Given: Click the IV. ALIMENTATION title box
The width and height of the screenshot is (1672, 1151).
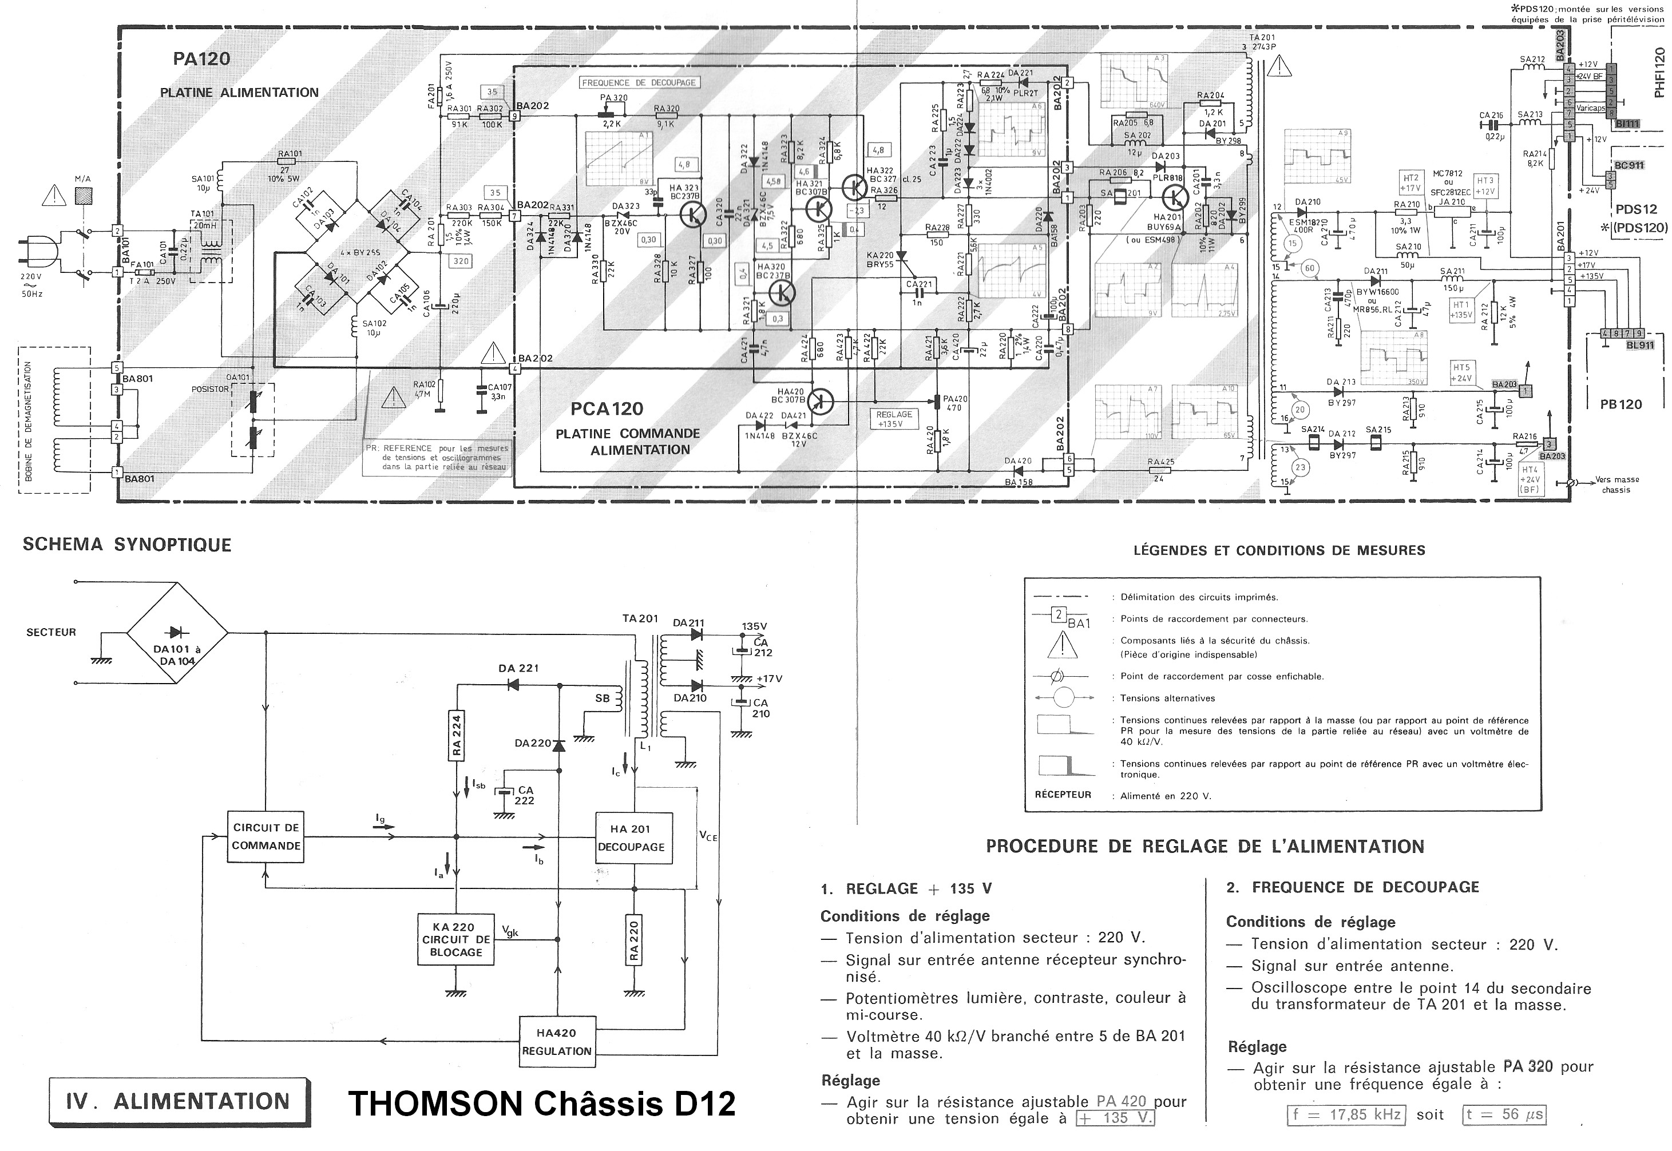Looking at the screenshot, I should tap(179, 1101).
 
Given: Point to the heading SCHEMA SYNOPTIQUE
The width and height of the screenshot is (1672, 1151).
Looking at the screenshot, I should tap(127, 545).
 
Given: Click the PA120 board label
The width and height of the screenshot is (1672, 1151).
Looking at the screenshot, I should tap(201, 58).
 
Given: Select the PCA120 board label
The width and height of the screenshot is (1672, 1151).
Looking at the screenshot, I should tap(607, 409).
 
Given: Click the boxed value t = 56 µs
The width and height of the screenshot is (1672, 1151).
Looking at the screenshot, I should tap(1504, 1115).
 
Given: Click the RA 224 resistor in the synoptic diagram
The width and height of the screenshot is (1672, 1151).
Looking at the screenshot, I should tap(457, 736).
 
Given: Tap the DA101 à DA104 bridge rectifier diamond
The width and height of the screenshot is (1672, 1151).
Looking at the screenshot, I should tap(177, 634).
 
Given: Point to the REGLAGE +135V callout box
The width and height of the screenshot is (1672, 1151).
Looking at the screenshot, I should tap(894, 419).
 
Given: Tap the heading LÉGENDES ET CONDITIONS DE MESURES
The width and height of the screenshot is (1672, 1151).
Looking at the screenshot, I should tap(1279, 551).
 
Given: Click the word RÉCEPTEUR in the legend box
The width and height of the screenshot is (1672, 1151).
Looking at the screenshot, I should tap(1057, 795).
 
